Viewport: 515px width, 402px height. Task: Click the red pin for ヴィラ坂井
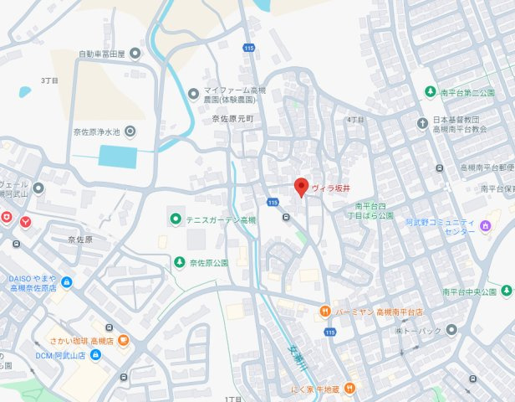[x=302, y=188]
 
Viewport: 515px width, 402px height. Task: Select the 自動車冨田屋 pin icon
[x=135, y=54]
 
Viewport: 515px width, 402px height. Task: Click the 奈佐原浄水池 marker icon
[x=130, y=131]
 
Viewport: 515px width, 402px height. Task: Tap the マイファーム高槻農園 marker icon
[x=193, y=93]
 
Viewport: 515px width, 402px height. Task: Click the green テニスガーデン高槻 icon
[x=175, y=219]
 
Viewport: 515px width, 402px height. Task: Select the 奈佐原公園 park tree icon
[x=179, y=262]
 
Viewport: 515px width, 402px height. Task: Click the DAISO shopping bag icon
[x=66, y=282]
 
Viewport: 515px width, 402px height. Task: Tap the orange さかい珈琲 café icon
[x=123, y=340]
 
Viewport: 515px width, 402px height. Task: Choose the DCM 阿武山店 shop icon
[x=95, y=355]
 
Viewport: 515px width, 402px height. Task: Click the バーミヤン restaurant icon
[x=323, y=312]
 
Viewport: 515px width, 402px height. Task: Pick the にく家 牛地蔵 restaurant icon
[x=349, y=388]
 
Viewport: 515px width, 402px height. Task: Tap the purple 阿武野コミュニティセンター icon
[x=484, y=226]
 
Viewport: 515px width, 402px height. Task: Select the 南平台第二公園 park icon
[x=430, y=91]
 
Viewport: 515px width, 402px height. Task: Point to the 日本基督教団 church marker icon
[x=422, y=124]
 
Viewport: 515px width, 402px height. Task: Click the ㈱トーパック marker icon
[x=451, y=330]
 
